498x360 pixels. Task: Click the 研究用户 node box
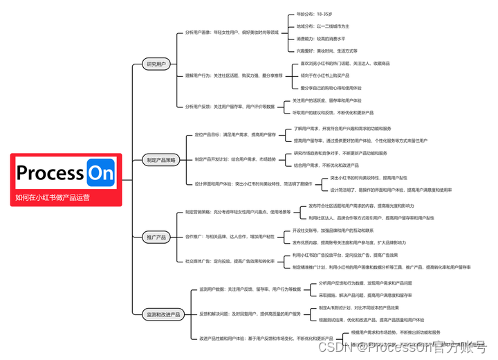click(x=157, y=64)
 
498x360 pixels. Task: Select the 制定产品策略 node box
click(x=161, y=160)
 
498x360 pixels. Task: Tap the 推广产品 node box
click(x=156, y=237)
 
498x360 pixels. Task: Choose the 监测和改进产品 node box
click(x=163, y=314)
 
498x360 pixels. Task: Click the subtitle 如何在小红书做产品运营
click(x=53, y=197)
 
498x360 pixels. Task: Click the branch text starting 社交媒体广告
click(x=230, y=262)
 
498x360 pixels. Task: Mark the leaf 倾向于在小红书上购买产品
click(x=331, y=75)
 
